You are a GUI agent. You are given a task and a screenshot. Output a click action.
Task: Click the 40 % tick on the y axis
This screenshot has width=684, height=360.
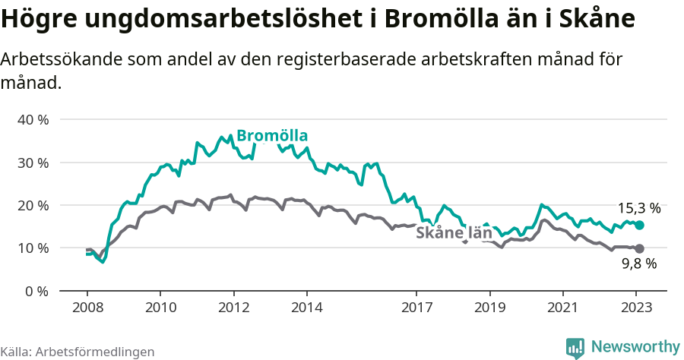click(x=33, y=120)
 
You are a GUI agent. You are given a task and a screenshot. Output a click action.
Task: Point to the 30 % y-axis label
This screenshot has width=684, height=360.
click(x=33, y=163)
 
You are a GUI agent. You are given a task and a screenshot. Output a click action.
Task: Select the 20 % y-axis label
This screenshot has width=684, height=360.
click(x=33, y=205)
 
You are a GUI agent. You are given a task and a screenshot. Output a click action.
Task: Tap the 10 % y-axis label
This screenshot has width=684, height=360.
click(x=33, y=248)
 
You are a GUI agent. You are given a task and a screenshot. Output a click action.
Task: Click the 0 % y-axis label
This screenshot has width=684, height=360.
click(x=36, y=291)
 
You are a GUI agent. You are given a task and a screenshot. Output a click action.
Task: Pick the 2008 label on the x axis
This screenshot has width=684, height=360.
click(x=87, y=308)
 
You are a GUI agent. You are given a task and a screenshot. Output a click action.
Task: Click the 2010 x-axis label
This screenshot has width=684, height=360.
click(x=160, y=308)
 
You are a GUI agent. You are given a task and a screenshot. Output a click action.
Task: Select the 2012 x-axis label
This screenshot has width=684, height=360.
click(x=233, y=308)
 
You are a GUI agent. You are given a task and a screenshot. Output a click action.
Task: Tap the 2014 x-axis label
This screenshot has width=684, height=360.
click(x=306, y=308)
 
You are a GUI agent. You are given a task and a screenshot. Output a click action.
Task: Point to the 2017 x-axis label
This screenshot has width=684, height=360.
click(x=416, y=308)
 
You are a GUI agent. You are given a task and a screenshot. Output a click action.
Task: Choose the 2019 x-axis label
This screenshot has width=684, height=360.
click(x=489, y=308)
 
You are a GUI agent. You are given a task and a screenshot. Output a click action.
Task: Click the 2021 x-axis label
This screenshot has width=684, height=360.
click(x=562, y=308)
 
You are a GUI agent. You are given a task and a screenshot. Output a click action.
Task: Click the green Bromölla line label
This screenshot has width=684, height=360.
click(x=272, y=136)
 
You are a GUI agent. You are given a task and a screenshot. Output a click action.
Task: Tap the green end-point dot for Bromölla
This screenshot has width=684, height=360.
click(x=640, y=225)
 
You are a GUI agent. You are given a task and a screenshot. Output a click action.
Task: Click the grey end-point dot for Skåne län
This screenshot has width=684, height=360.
click(x=640, y=248)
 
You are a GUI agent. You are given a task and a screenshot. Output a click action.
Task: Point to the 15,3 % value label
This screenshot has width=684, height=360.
click(x=638, y=208)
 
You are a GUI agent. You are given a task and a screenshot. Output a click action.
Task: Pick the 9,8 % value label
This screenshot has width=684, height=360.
click(x=638, y=264)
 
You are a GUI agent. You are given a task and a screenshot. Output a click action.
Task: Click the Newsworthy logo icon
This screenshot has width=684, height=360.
click(x=575, y=347)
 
